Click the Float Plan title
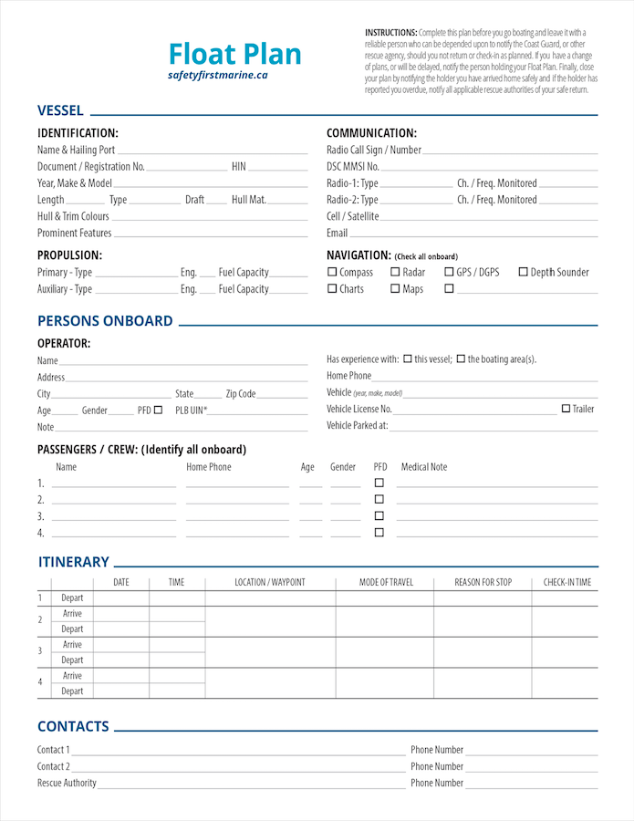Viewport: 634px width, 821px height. (x=235, y=54)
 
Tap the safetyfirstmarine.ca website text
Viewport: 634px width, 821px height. (x=218, y=75)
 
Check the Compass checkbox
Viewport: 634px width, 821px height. (x=332, y=272)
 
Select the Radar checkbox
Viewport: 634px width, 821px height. (x=395, y=272)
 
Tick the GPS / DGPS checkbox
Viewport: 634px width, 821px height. (x=449, y=272)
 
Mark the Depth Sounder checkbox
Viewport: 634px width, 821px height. (x=524, y=272)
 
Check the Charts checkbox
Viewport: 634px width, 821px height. (x=332, y=289)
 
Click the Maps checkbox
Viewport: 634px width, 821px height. (x=395, y=289)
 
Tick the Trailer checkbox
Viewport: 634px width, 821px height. (x=566, y=409)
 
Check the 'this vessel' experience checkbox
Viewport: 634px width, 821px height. (x=408, y=359)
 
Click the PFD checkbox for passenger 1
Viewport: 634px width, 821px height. (x=379, y=483)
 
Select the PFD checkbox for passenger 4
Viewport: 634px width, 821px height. (x=379, y=533)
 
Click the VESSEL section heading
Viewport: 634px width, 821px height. (x=60, y=110)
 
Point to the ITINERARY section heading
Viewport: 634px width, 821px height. (x=73, y=562)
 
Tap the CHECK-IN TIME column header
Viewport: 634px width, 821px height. (x=566, y=582)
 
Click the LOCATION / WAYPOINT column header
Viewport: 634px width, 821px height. (x=270, y=582)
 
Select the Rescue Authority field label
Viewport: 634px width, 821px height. (x=67, y=783)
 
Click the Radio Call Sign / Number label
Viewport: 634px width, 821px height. (x=374, y=150)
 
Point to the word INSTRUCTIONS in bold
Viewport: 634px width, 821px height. (x=391, y=33)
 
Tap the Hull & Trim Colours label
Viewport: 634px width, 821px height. (x=73, y=216)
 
